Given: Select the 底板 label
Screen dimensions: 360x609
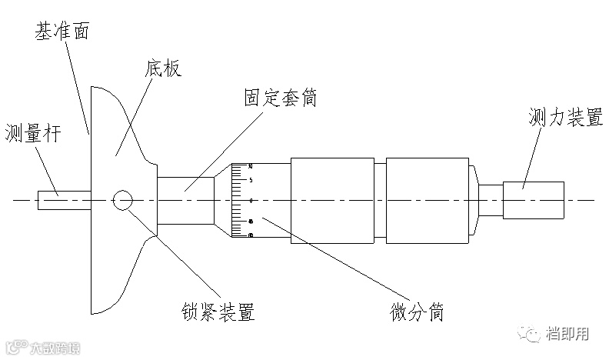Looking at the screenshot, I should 161,69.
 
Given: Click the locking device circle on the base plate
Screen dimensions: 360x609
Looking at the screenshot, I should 121,200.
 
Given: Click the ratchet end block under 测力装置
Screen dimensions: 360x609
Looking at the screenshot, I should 534,200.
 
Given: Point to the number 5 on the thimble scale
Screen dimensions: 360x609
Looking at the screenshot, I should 251,181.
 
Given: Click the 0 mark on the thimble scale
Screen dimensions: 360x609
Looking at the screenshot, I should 251,200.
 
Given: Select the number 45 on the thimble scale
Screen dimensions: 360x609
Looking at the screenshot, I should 251,222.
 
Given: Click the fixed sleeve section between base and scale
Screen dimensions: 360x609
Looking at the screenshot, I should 185,200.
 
